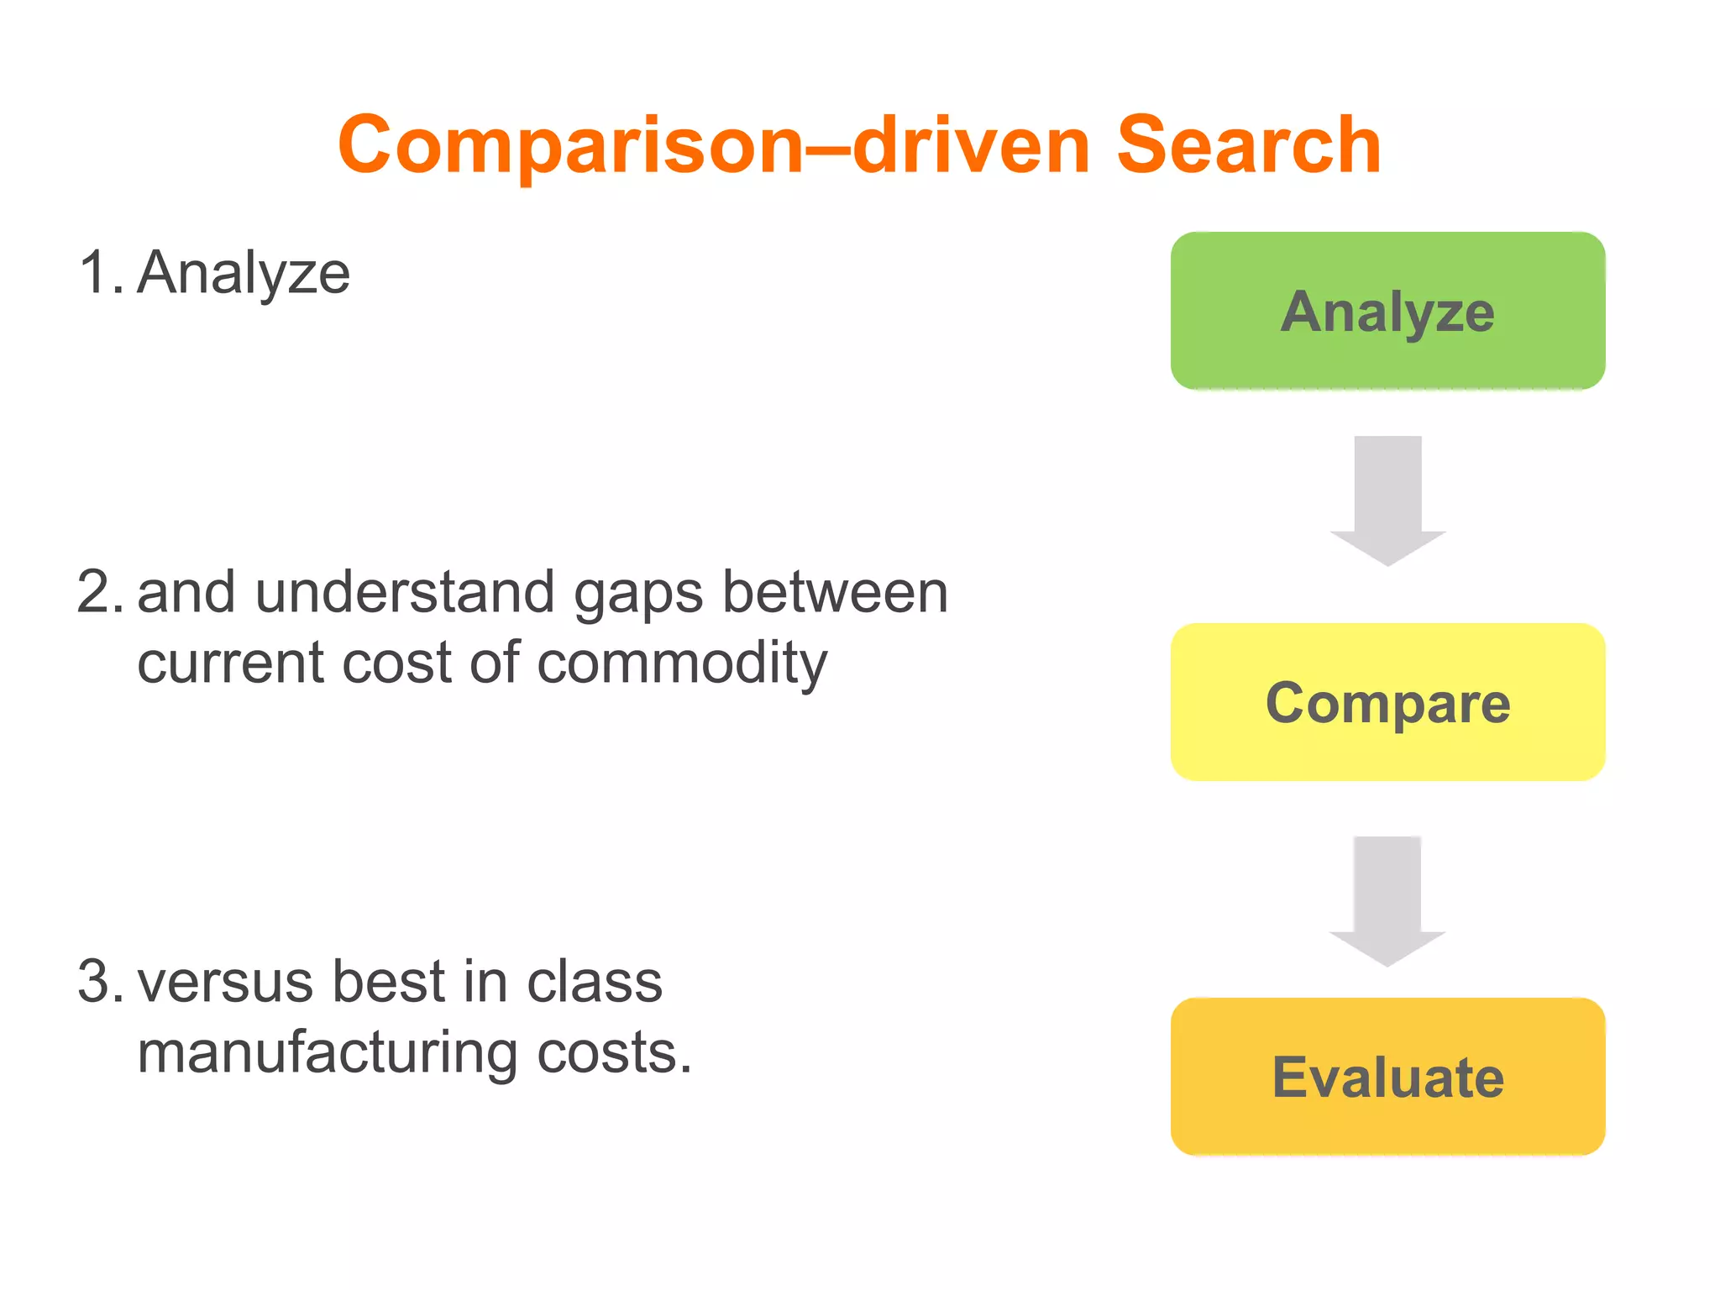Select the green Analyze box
point(1387,311)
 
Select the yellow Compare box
point(1387,702)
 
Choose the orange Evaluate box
point(1387,1077)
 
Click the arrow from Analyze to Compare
point(1387,501)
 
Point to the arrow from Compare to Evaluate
point(1387,900)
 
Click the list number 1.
point(98,273)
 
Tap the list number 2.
point(98,592)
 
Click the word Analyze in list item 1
point(244,274)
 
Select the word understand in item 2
point(405,592)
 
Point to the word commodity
point(682,663)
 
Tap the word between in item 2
point(835,592)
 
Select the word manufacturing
point(328,1053)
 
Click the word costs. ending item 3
point(613,1053)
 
